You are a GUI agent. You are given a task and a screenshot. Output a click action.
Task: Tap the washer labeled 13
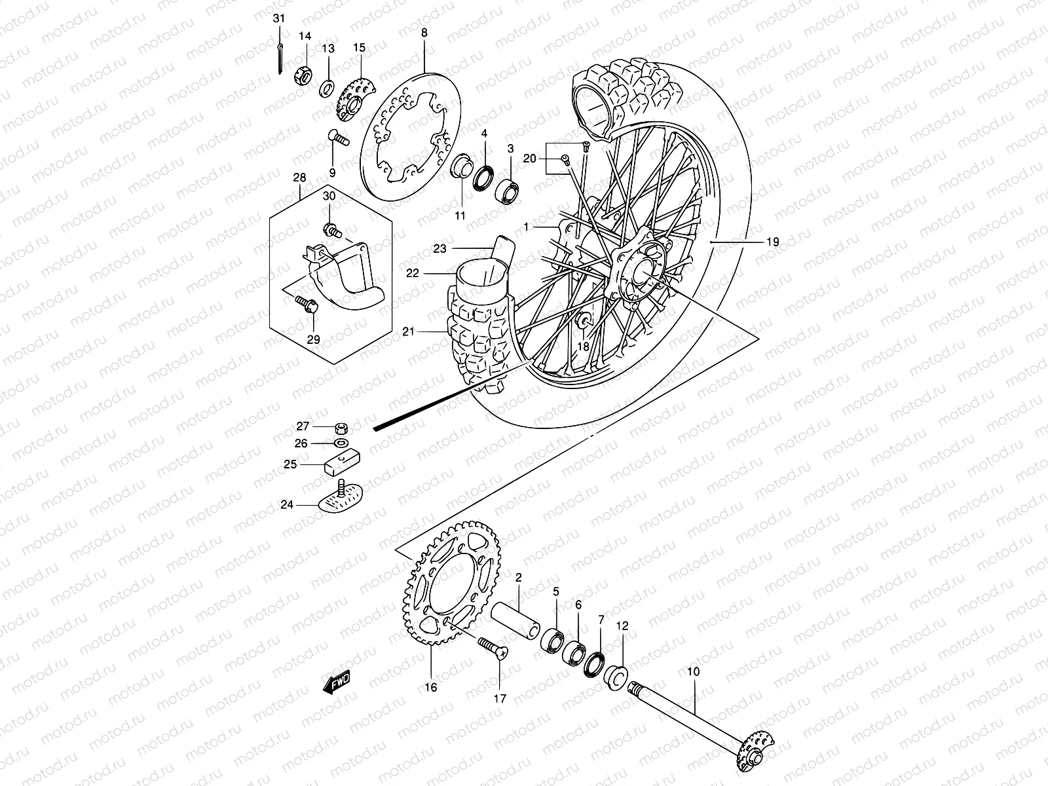tap(327, 88)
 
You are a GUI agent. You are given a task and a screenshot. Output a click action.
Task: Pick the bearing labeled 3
tap(507, 189)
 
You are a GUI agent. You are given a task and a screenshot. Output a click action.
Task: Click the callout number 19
tap(773, 242)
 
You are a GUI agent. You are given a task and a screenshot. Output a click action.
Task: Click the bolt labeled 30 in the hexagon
tap(332, 230)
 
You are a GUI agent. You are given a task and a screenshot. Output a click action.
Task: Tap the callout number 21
tap(409, 333)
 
